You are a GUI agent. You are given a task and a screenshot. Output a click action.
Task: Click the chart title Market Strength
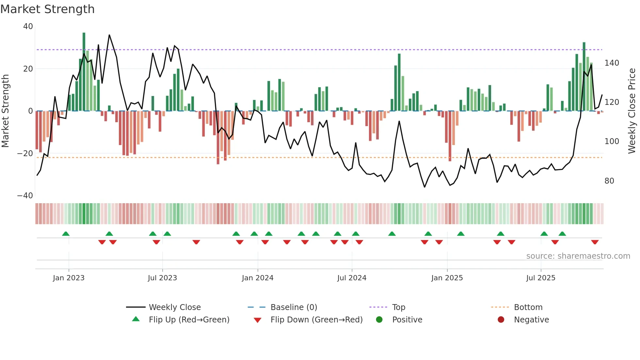coord(47,9)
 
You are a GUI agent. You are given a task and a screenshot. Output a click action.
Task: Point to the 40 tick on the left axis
coord(28,26)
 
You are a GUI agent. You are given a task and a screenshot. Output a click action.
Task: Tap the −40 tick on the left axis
coord(25,196)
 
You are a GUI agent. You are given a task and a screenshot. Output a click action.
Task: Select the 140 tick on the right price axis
coord(612,63)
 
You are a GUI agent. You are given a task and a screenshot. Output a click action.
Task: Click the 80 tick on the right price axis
coord(609,181)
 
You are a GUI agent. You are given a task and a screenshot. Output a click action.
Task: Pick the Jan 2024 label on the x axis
coord(257,278)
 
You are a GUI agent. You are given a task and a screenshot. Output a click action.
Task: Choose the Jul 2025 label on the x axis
coord(540,278)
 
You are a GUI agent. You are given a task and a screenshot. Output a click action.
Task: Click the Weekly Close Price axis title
coord(632,111)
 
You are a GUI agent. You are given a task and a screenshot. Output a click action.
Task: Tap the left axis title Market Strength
coord(6,111)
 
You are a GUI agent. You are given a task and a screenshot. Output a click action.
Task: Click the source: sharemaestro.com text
coord(578,256)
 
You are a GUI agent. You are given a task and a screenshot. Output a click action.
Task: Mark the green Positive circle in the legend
coord(379,319)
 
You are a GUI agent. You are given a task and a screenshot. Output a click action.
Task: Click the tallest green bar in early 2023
coord(84,72)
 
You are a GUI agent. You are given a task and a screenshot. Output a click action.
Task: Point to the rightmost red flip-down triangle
coord(595,242)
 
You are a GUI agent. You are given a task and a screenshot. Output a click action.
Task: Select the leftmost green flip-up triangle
coord(66,234)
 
